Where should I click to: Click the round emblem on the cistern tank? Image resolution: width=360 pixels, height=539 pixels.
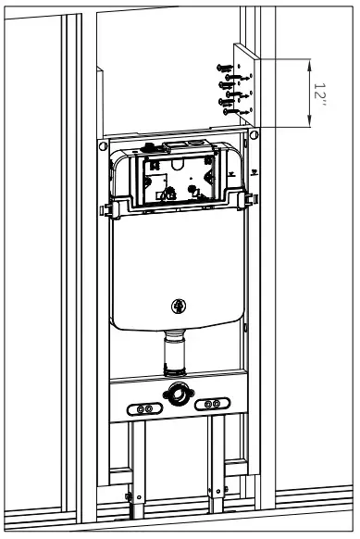click(179, 307)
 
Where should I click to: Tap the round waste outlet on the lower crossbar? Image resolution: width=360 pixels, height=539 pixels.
click(178, 395)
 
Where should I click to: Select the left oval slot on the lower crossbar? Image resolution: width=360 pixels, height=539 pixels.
click(143, 407)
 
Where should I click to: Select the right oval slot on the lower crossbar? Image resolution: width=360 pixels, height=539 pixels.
click(214, 405)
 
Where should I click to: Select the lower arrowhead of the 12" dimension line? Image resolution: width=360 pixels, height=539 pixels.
click(306, 122)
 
